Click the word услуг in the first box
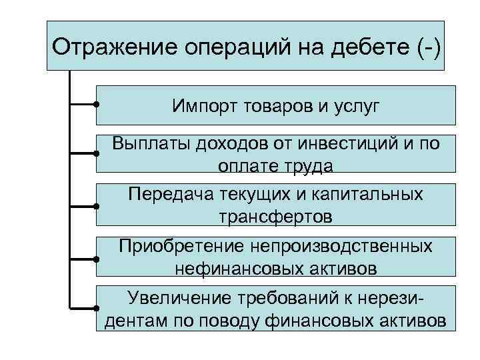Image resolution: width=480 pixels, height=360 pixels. coord(353,105)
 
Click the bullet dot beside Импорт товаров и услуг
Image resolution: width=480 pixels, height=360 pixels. coord(97,104)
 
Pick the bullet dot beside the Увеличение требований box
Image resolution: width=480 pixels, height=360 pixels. coord(97,308)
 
